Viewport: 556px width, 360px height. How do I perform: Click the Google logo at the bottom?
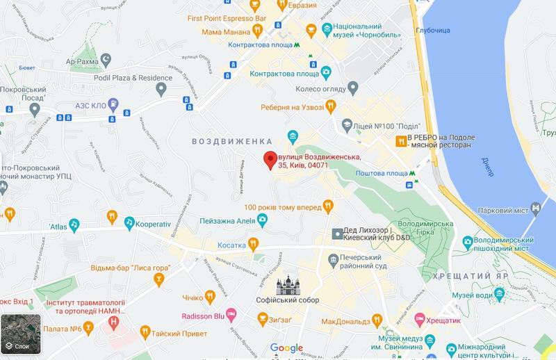pyautogui.click(x=286, y=348)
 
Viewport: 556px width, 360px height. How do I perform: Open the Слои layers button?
pyautogui.click(x=16, y=334)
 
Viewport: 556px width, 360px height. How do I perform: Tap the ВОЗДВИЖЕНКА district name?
pyautogui.click(x=222, y=140)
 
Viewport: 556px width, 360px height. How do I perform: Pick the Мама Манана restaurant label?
pyautogui.click(x=225, y=30)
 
